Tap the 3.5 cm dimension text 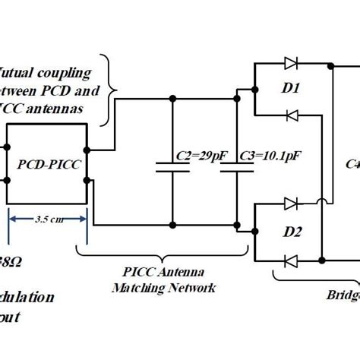(47, 221)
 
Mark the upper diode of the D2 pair (289, 204)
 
